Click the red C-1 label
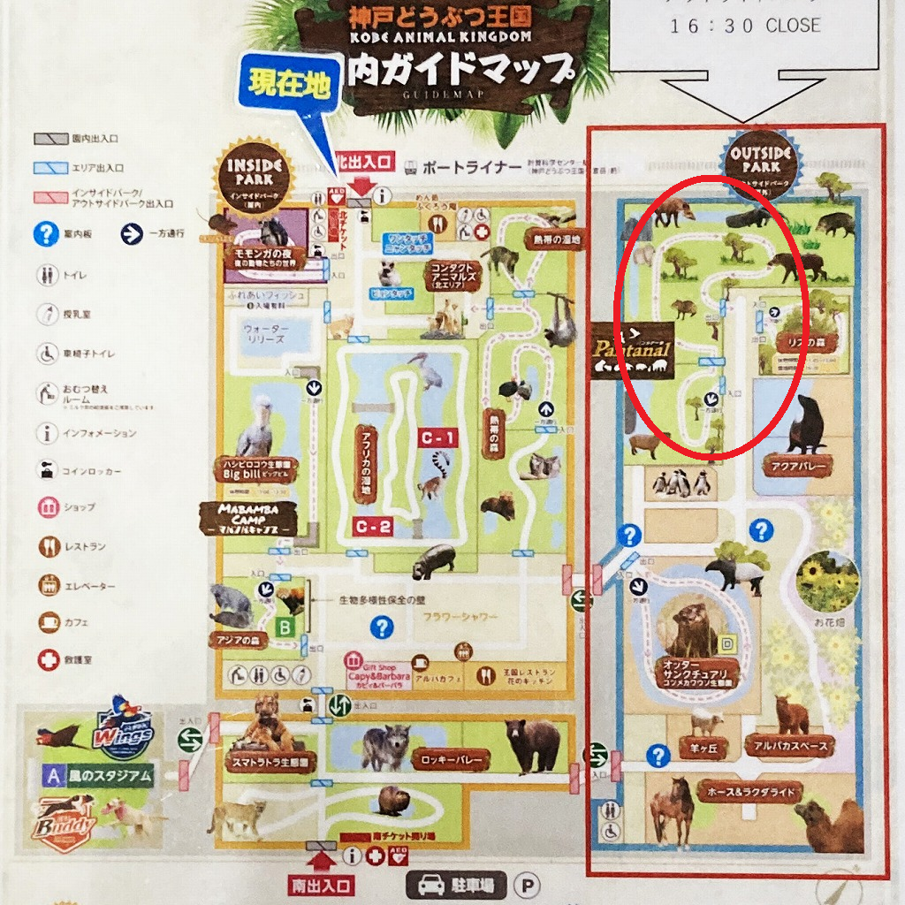(x=439, y=437)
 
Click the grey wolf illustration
(x=385, y=744)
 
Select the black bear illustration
(x=533, y=742)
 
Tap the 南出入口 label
(x=322, y=885)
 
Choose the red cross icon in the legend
(x=49, y=659)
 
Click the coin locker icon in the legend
(x=48, y=470)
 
